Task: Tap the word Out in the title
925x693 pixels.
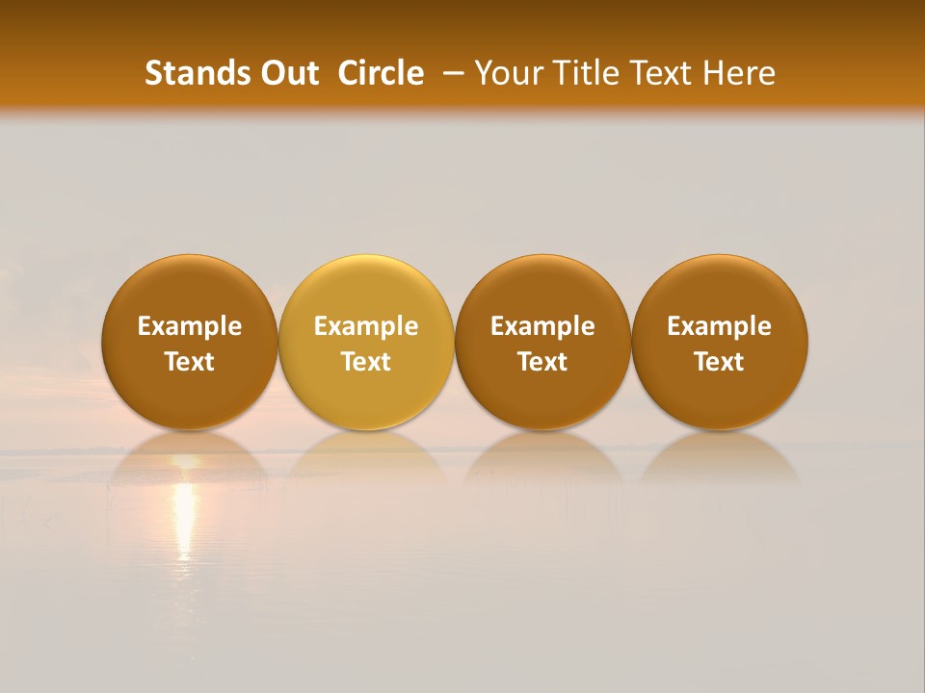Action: click(288, 73)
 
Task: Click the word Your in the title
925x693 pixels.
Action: click(507, 73)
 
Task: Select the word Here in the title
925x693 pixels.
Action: click(739, 73)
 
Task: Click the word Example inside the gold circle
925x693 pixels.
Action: click(366, 326)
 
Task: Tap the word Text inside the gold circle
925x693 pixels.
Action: click(366, 362)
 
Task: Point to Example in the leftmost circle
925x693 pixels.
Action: click(190, 326)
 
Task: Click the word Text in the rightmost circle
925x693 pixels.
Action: click(720, 362)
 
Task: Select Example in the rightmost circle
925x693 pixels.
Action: click(720, 326)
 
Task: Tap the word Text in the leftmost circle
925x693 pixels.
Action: click(190, 362)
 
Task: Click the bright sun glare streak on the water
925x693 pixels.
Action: click(183, 520)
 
